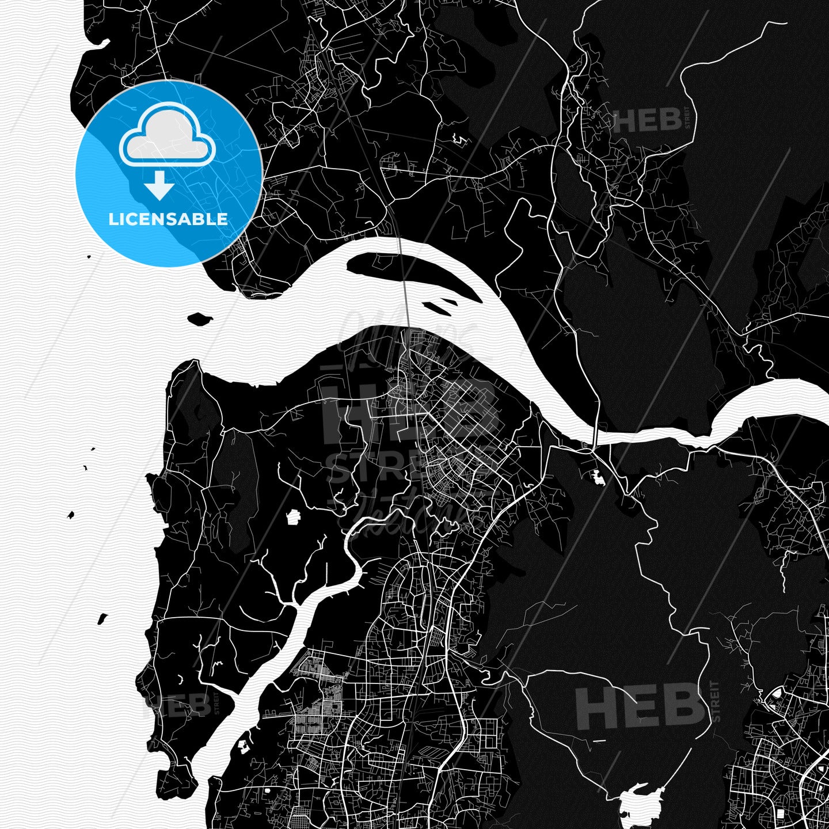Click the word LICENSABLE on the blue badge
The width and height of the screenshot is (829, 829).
[x=168, y=219]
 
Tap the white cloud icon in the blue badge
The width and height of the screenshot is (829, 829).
[x=168, y=136]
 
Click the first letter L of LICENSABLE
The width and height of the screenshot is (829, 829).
[x=112, y=219]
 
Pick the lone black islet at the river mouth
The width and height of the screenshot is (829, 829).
[x=199, y=318]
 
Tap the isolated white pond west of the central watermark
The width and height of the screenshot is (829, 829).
[x=294, y=517]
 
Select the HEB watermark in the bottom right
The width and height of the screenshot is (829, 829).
[x=639, y=706]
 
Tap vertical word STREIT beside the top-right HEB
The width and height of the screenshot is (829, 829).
[x=687, y=120]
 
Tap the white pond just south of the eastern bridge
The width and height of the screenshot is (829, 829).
[x=596, y=477]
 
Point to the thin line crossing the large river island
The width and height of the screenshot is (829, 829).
[x=402, y=271]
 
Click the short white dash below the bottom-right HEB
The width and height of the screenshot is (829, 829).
[x=598, y=740]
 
